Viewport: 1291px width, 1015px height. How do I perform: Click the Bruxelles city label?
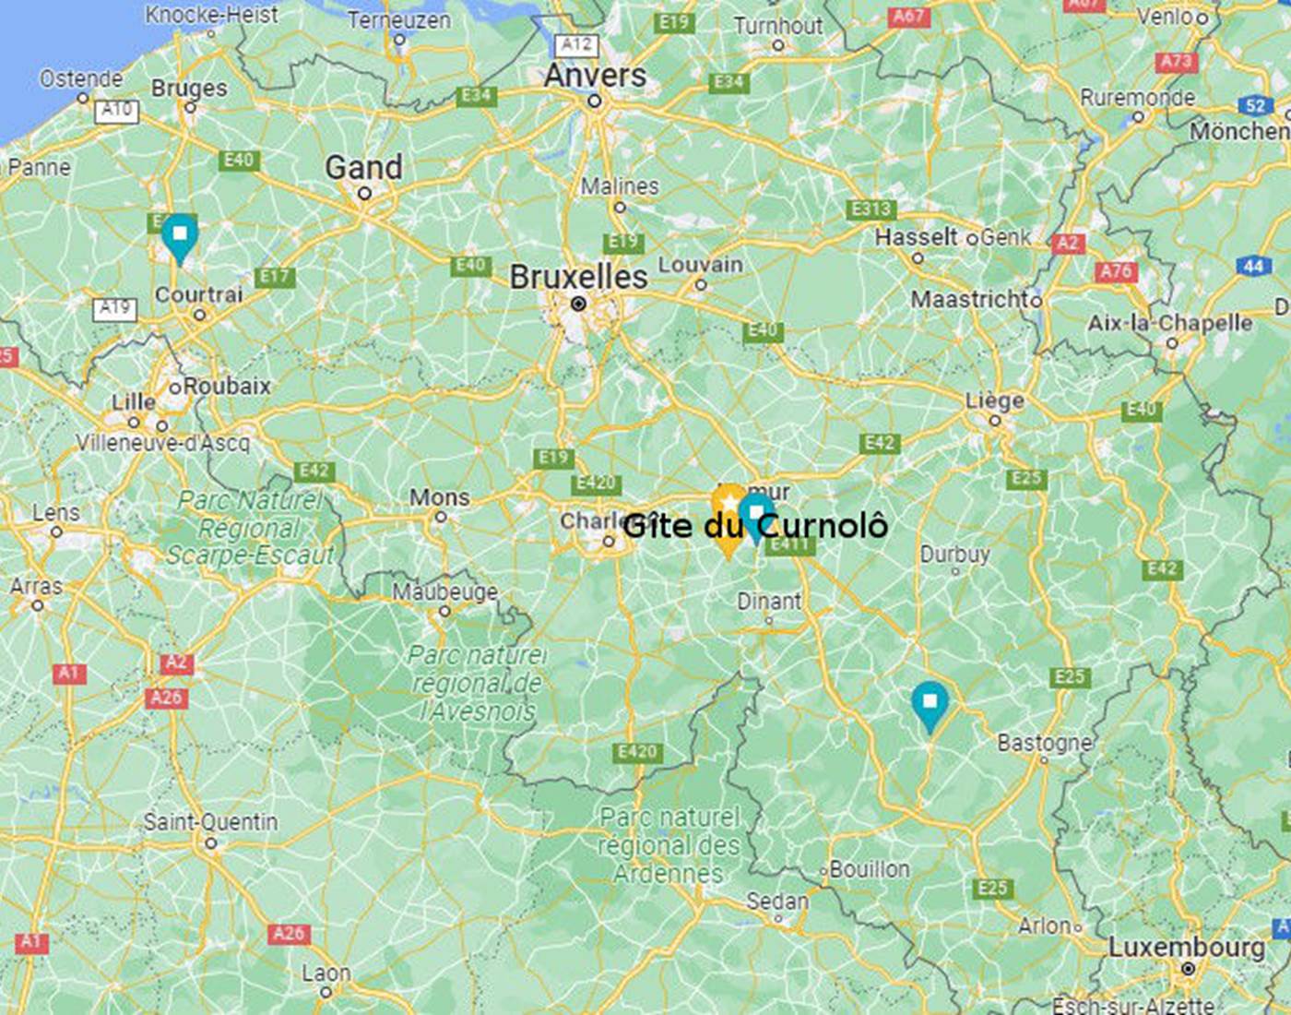click(578, 276)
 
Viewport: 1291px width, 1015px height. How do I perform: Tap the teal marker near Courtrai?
click(180, 235)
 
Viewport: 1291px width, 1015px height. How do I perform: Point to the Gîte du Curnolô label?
click(755, 526)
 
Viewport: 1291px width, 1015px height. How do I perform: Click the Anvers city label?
click(595, 76)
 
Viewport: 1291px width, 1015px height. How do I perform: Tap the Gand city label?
click(363, 168)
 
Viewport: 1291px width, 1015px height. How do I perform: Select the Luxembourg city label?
click(1186, 947)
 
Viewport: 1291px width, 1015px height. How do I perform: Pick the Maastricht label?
click(970, 299)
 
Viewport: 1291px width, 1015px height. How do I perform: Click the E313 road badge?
click(871, 209)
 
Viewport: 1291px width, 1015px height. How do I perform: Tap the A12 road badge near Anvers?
click(577, 43)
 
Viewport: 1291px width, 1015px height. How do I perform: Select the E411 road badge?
click(789, 544)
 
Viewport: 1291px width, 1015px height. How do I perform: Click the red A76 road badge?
click(1116, 271)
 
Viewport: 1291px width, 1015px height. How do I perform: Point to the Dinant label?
click(769, 602)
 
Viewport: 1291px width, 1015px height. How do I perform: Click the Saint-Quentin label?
click(210, 822)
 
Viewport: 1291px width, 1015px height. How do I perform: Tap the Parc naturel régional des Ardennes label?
click(669, 845)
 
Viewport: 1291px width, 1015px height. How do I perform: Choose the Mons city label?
click(439, 497)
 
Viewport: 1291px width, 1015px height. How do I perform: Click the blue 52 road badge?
click(1255, 105)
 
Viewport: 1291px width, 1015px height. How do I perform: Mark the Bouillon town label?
click(869, 869)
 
